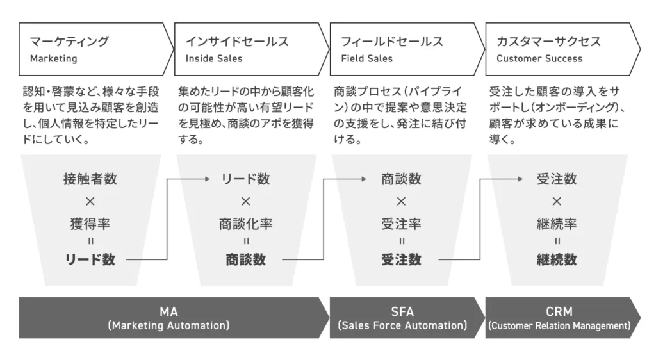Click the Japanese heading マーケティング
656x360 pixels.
[x=69, y=42]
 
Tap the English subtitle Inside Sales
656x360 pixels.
[x=214, y=59]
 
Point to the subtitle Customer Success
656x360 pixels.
[x=539, y=59]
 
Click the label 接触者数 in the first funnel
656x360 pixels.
[x=90, y=179]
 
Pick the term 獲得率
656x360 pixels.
[x=90, y=224]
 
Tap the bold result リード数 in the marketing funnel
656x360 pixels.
[x=90, y=259]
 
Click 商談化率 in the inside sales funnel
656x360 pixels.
[x=246, y=224]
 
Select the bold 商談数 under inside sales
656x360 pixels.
[x=246, y=259]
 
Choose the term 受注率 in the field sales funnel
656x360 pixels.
[x=401, y=224]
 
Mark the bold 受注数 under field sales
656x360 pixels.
[x=401, y=259]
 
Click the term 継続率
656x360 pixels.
[x=557, y=224]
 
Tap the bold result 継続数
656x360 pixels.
[x=557, y=259]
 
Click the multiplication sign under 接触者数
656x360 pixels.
[x=90, y=202]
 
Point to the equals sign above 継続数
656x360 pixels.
[x=557, y=241]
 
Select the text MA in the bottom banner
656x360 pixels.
[x=168, y=312]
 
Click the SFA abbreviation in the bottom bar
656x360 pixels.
[x=402, y=312]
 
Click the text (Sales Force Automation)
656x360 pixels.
[x=402, y=326]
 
